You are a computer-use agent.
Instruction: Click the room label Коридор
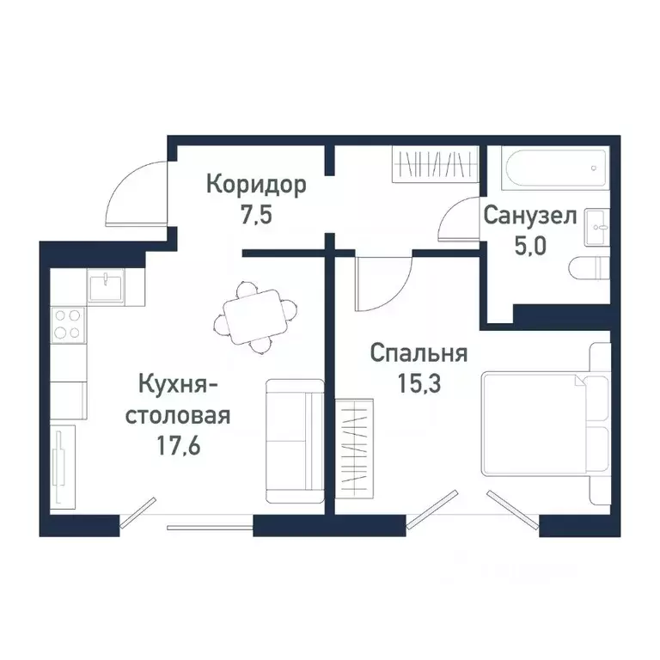[x=255, y=185]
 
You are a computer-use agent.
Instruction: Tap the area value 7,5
[x=255, y=214]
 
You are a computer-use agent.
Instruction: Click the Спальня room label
[x=419, y=353]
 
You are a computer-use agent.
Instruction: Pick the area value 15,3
[x=419, y=382]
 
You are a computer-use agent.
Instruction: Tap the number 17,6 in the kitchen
[x=178, y=445]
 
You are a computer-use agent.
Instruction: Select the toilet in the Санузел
[x=590, y=269]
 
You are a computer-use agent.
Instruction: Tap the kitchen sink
[x=106, y=284]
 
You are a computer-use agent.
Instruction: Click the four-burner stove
[x=68, y=324]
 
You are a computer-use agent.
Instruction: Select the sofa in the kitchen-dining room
[x=292, y=440]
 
